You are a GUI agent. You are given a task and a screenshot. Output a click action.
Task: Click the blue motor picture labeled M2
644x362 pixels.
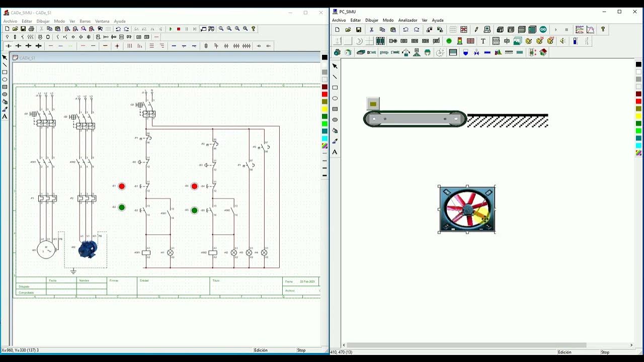[x=88, y=249]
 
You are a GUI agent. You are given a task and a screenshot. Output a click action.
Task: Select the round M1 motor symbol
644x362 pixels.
[x=46, y=250]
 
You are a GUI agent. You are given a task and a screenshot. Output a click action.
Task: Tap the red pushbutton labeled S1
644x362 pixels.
[x=121, y=186]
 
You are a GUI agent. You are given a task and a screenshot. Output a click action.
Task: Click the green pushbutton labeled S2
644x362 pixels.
[x=121, y=207]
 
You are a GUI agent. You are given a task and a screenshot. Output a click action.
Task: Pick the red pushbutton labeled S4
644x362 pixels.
[x=194, y=186]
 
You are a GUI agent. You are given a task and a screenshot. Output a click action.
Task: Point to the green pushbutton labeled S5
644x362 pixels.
[x=194, y=210]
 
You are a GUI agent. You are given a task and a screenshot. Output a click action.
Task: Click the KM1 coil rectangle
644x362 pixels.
[x=146, y=252]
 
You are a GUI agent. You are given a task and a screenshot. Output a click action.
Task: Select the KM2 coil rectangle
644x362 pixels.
[x=213, y=252]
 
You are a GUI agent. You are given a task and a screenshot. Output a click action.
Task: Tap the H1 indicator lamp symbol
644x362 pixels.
[x=170, y=252]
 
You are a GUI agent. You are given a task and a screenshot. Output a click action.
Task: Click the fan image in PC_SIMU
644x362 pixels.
[x=467, y=209]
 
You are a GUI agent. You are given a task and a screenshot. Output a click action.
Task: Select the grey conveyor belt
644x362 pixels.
[x=415, y=119]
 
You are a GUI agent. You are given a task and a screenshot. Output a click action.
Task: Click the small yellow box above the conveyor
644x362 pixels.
[x=373, y=104]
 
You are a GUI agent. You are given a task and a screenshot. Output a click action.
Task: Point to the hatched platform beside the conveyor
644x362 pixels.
[x=507, y=121]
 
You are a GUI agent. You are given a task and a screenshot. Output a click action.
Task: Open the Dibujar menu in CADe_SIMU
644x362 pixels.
[x=43, y=21]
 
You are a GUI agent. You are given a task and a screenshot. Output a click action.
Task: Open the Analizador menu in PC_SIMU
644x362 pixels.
[x=408, y=20]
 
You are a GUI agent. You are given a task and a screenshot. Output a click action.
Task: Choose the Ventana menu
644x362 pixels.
[x=102, y=21]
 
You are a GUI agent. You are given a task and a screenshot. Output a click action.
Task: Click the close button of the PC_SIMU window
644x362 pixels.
[x=635, y=12]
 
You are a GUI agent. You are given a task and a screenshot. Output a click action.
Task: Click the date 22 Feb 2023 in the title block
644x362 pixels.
[x=307, y=282]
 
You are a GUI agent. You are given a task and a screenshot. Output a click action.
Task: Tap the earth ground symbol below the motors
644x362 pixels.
[x=73, y=271]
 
